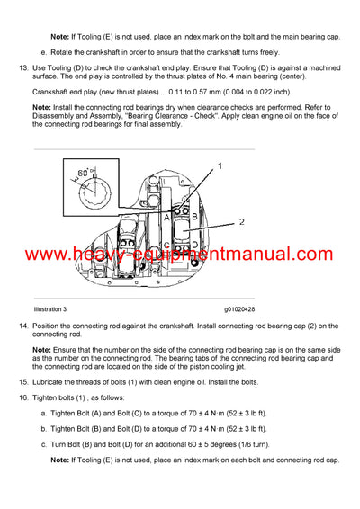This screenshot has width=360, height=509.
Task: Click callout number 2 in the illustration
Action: click(x=241, y=220)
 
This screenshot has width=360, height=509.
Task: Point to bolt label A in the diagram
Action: click(x=166, y=215)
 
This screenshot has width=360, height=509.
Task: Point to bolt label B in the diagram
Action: click(x=194, y=215)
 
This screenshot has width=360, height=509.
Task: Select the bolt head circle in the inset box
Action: click(x=94, y=188)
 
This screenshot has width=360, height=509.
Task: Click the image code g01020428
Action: click(x=238, y=308)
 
